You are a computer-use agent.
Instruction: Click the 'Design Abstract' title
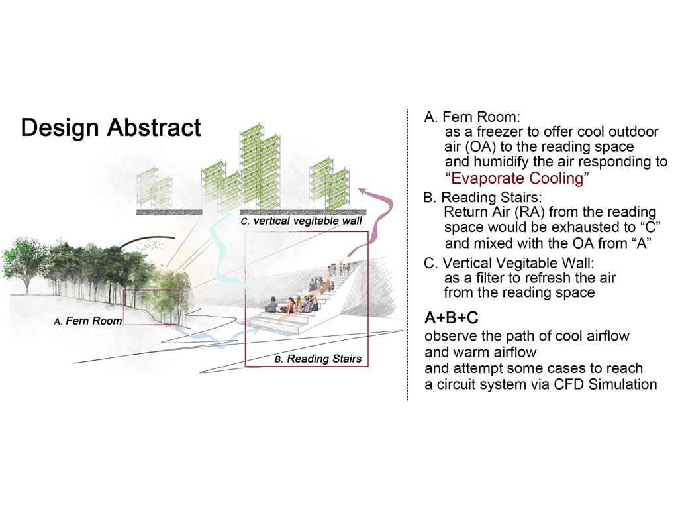[111, 128]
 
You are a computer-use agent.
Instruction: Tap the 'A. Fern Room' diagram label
[88, 321]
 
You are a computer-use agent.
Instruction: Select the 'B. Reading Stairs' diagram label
[318, 359]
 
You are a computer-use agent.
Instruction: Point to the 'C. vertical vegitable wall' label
[301, 221]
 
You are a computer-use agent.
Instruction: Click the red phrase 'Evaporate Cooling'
[516, 178]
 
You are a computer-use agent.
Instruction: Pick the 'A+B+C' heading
[452, 318]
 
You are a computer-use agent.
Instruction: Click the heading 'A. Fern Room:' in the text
[473, 117]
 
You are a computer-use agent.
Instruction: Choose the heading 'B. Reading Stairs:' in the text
[483, 198]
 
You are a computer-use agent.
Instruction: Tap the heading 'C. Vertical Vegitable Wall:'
[509, 262]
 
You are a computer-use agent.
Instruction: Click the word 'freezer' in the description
[497, 132]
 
